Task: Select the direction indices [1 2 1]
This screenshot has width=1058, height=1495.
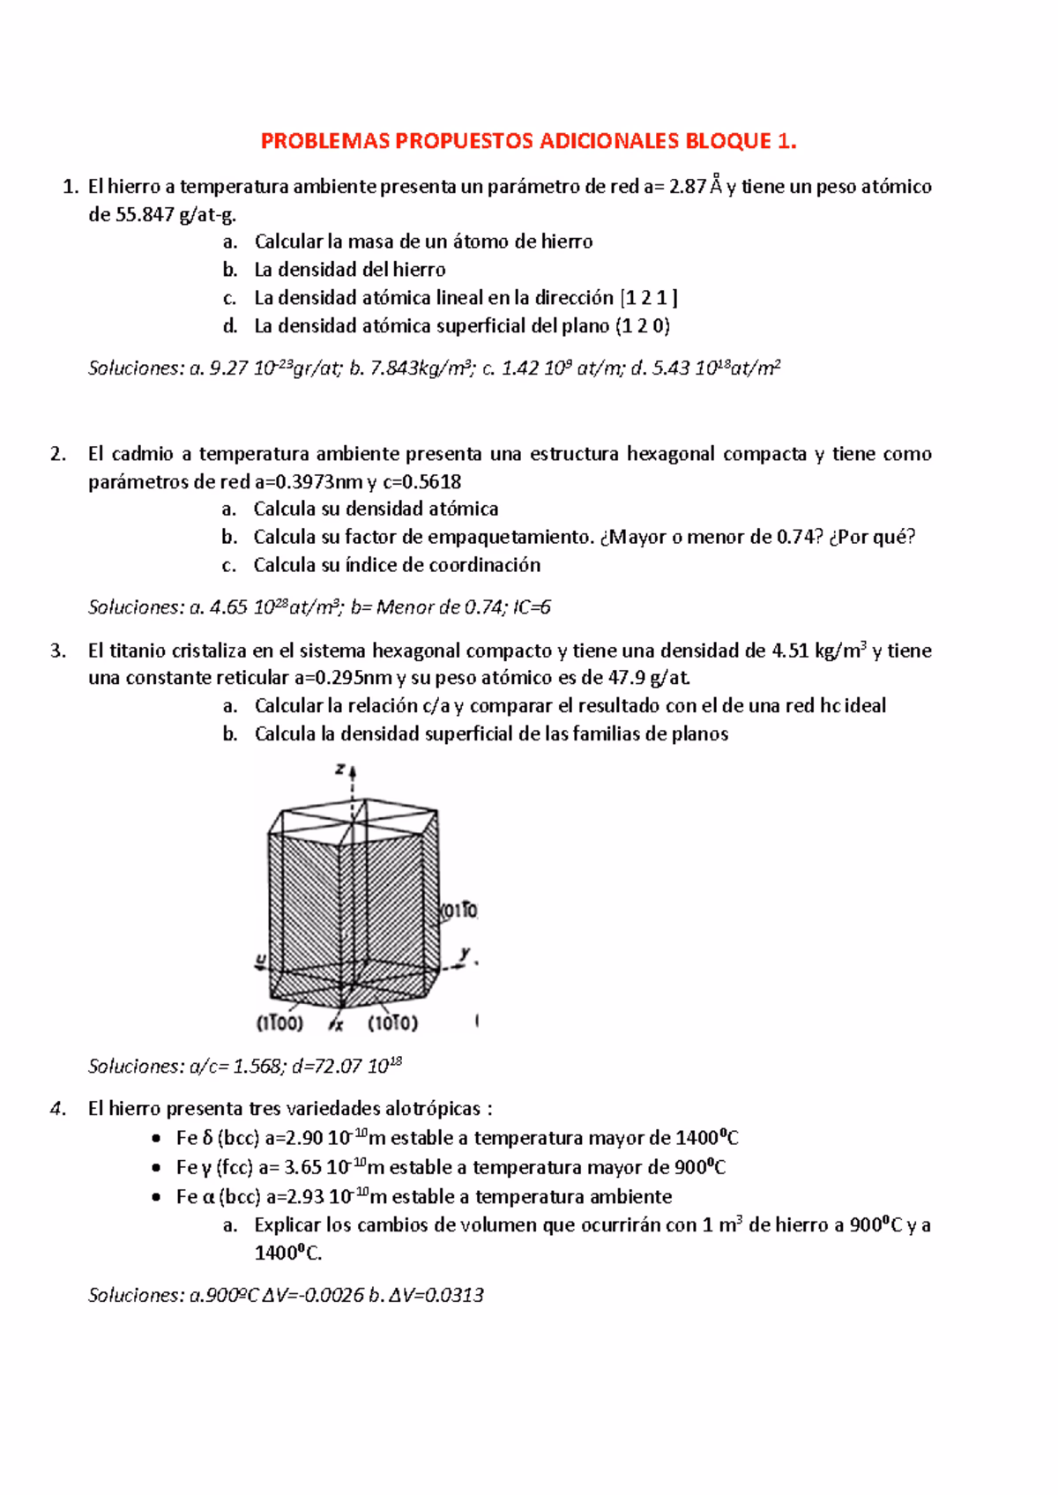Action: [649, 298]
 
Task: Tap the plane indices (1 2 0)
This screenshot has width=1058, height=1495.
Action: [643, 326]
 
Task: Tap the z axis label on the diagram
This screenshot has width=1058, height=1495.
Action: [340, 770]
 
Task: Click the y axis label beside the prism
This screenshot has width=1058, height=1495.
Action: [465, 954]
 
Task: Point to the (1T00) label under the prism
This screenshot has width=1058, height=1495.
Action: [279, 1023]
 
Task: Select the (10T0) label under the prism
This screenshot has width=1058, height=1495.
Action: [392, 1023]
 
